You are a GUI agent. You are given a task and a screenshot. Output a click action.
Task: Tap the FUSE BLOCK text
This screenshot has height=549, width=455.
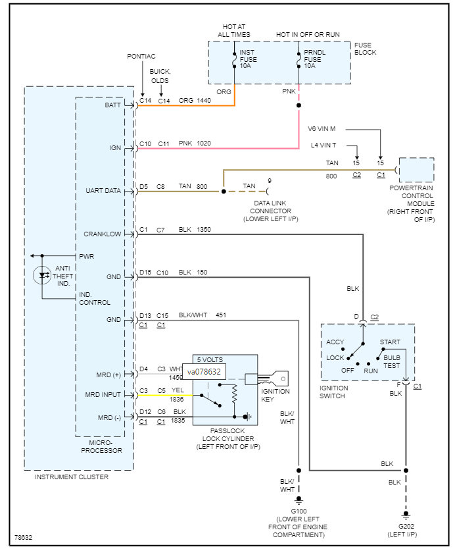(366, 49)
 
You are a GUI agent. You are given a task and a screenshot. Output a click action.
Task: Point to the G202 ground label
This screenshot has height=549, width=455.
(406, 529)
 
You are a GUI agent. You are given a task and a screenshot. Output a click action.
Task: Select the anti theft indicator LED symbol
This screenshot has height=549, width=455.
(44, 274)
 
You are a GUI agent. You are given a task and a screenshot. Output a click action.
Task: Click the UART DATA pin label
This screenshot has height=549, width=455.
(103, 191)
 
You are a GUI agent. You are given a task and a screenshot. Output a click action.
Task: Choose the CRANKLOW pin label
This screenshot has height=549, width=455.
(103, 234)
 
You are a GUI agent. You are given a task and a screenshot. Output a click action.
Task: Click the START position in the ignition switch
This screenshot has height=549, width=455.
(391, 342)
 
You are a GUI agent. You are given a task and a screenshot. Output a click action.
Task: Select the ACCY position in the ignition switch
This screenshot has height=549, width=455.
(335, 342)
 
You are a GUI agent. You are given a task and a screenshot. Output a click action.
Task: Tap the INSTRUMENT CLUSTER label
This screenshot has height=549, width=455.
(72, 477)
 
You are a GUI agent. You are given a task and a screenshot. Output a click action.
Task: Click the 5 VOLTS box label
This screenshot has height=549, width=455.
(210, 359)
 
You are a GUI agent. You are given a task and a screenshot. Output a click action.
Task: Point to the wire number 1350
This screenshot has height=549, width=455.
(204, 230)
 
